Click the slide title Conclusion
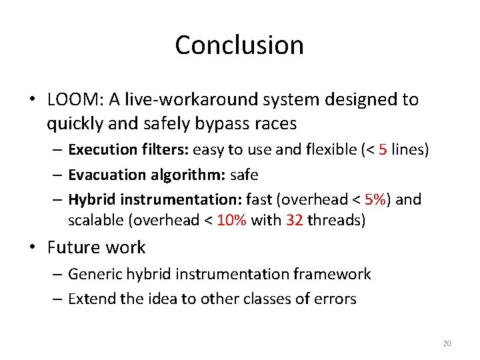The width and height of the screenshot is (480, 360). click(x=239, y=45)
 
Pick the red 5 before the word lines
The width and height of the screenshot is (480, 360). click(x=383, y=149)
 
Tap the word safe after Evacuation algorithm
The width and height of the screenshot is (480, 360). click(x=244, y=175)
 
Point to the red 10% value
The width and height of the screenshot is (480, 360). click(x=231, y=221)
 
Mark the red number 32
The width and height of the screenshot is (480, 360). click(x=294, y=221)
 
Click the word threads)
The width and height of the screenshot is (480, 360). click(x=337, y=221)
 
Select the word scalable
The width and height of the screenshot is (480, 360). click(x=94, y=221)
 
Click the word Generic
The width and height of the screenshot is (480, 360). click(x=92, y=274)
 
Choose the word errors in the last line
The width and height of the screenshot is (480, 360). click(x=337, y=299)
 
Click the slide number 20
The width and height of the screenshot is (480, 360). click(x=447, y=343)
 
